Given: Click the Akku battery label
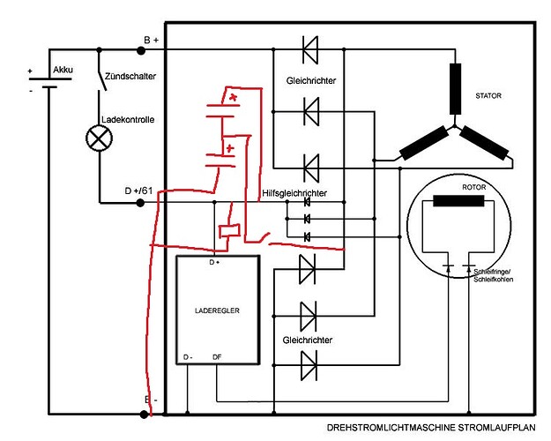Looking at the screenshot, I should (x=63, y=68).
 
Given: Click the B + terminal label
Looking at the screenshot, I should (x=151, y=41).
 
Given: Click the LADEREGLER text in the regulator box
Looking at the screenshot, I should (x=217, y=310).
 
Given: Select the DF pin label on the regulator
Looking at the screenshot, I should (x=217, y=357).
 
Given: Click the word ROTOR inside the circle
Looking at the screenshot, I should (x=474, y=187).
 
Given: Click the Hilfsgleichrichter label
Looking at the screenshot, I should (x=295, y=192).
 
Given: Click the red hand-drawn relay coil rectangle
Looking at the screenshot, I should (x=231, y=231).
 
